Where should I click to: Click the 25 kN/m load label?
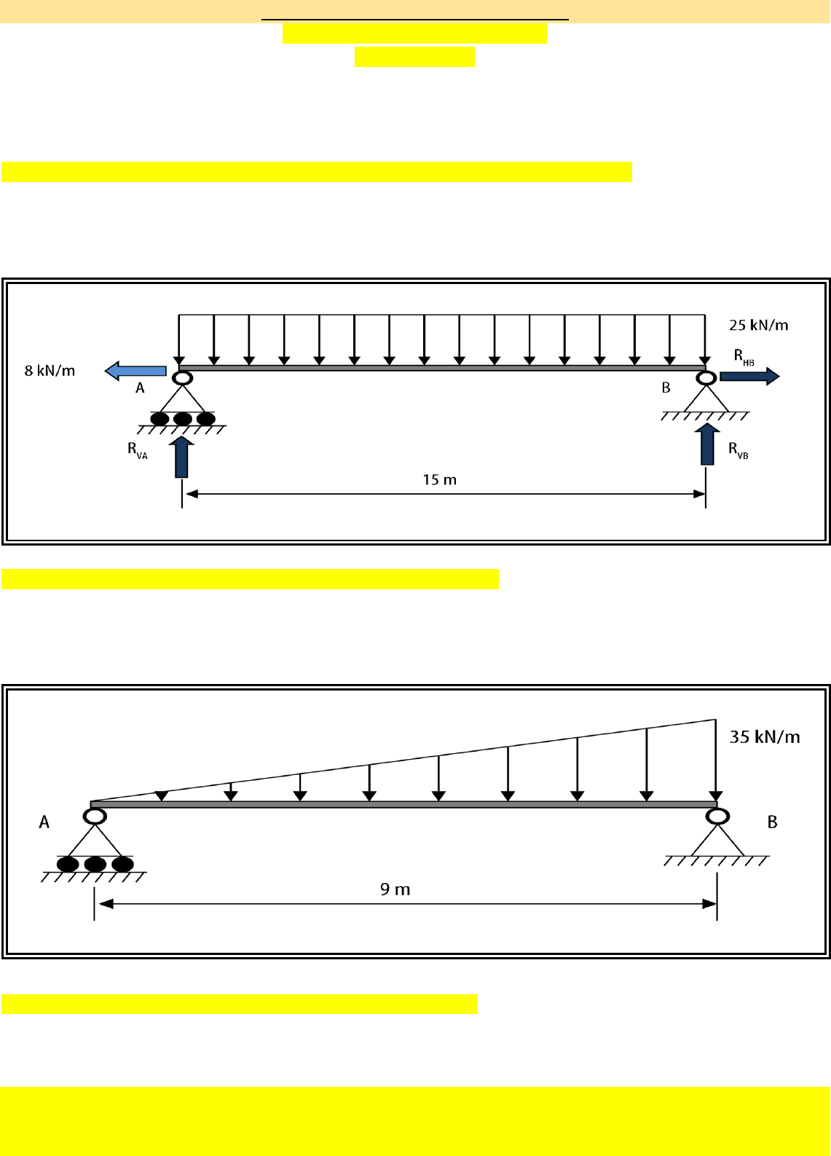pos(758,325)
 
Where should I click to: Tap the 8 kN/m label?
pos(50,371)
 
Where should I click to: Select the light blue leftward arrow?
pos(135,371)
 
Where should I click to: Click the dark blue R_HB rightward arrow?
pos(749,376)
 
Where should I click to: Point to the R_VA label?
pos(138,450)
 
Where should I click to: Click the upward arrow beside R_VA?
pos(181,457)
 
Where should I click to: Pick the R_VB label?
pos(738,450)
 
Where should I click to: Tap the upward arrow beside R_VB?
pos(707,444)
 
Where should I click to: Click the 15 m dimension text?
pos(440,480)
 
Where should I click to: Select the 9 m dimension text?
pos(395,889)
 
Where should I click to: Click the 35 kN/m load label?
pos(765,737)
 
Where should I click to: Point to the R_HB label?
pos(744,357)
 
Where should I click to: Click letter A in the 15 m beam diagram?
pos(140,388)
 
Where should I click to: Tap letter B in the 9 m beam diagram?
pos(772,822)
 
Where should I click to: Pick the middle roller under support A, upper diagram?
pos(183,419)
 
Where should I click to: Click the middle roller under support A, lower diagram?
pos(95,864)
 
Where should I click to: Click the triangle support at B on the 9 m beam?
pos(717,841)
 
